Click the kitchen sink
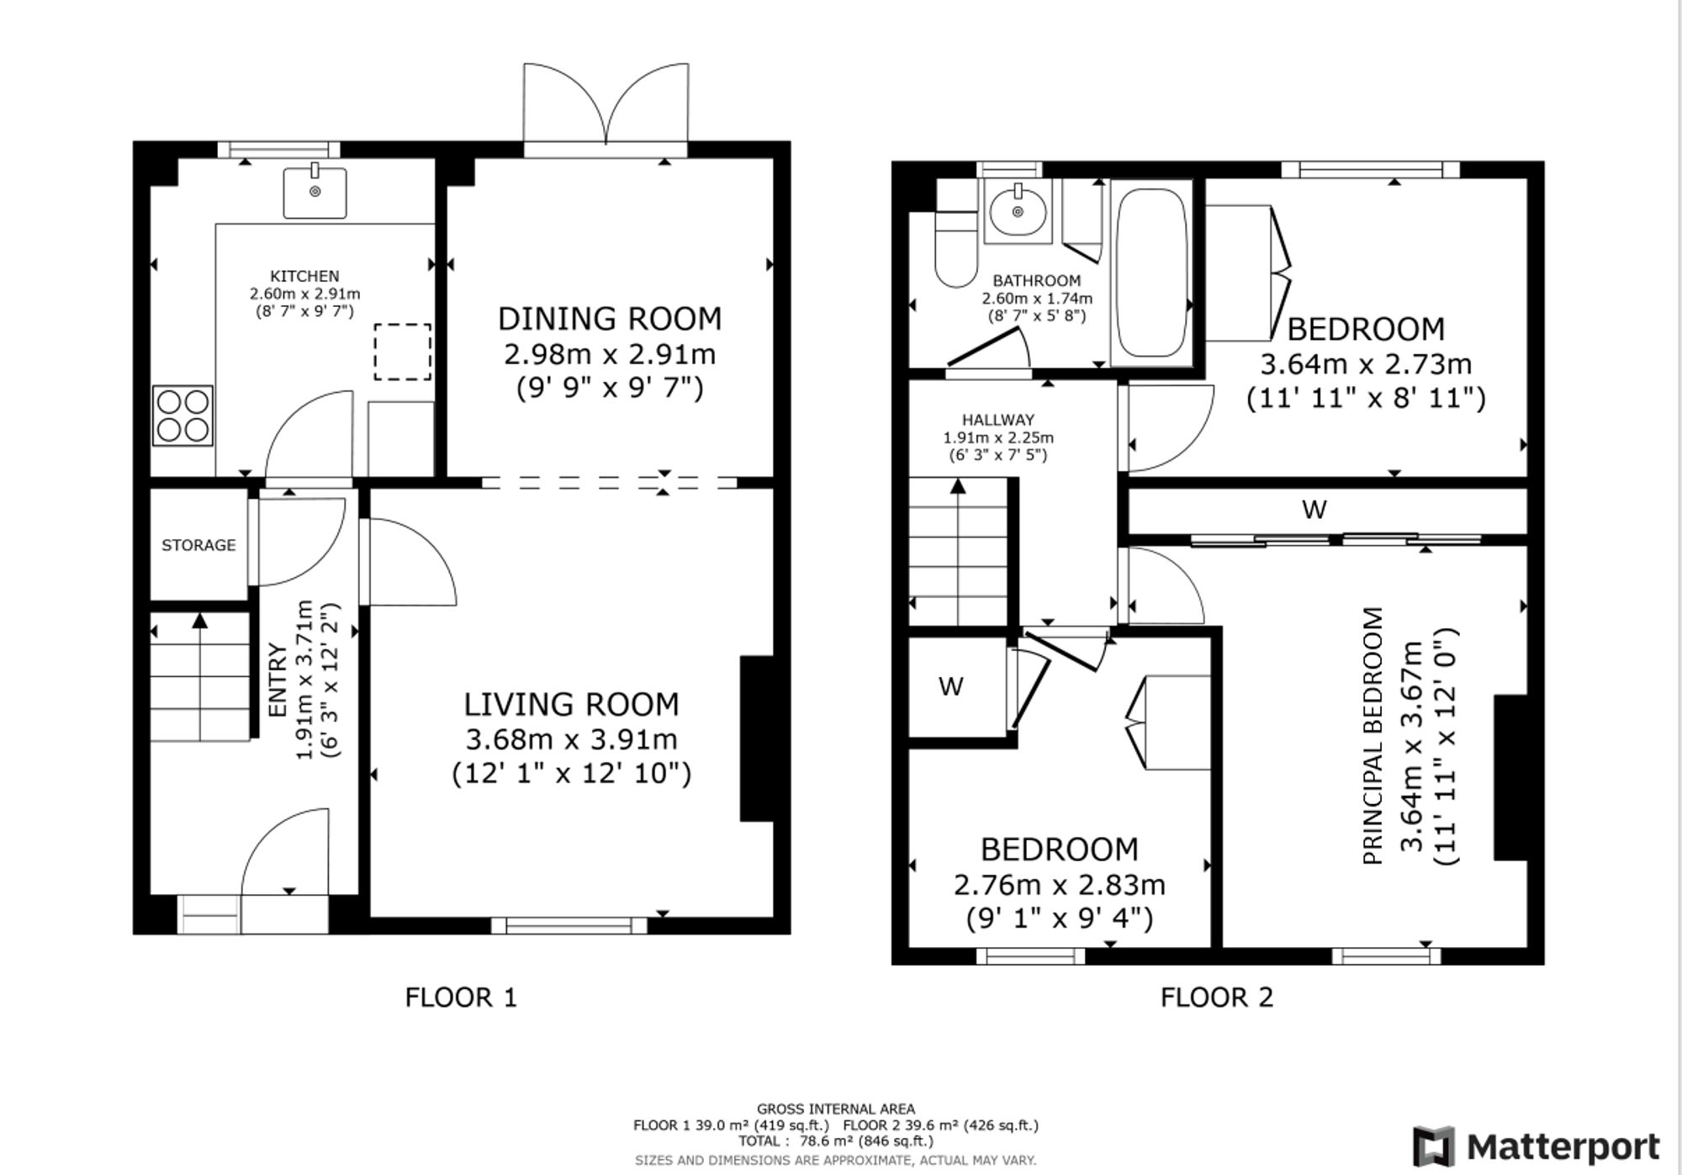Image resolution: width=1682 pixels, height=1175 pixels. click(315, 193)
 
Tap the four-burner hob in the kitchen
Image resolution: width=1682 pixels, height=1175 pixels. click(182, 415)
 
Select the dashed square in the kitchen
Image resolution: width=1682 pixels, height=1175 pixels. click(403, 352)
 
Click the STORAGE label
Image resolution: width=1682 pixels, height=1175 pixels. click(198, 545)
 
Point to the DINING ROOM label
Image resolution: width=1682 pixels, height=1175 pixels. click(610, 319)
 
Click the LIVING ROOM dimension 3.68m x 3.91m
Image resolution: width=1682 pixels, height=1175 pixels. click(572, 739)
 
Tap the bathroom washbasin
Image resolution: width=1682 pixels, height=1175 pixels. click(1018, 211)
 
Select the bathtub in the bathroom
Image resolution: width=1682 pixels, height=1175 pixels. click(1150, 273)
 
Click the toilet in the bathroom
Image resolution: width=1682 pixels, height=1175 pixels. click(955, 248)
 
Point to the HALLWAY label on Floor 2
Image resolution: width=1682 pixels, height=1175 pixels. click(998, 420)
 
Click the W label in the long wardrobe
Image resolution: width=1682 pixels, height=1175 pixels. click(1314, 509)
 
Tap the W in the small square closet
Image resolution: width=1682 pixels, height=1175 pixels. click(951, 687)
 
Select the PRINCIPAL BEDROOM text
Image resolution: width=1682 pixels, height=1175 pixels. click(1373, 736)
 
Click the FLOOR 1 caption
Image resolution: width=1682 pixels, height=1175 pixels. click(461, 998)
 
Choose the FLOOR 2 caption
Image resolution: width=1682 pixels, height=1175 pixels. click(1217, 998)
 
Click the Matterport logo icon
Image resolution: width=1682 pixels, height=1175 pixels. click(1435, 1146)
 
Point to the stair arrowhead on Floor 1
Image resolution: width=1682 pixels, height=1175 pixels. click(199, 621)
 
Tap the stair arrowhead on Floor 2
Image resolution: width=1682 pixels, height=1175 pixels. click(958, 486)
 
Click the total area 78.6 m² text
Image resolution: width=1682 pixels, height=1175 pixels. click(836, 1141)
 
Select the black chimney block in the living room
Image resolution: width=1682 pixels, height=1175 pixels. click(756, 738)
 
